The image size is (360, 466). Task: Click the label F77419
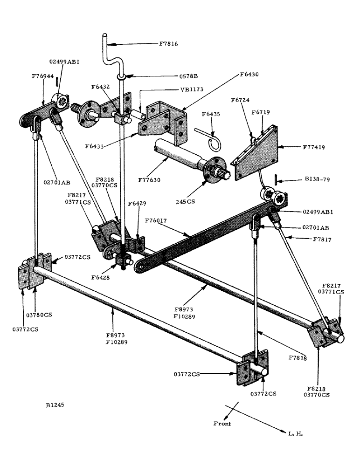point(302,147)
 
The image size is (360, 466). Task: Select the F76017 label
point(156,222)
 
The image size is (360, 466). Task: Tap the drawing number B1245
point(55,405)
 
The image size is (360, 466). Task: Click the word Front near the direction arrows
point(222,424)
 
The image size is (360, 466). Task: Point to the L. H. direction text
point(296,433)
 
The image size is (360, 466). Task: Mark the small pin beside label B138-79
point(276,178)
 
